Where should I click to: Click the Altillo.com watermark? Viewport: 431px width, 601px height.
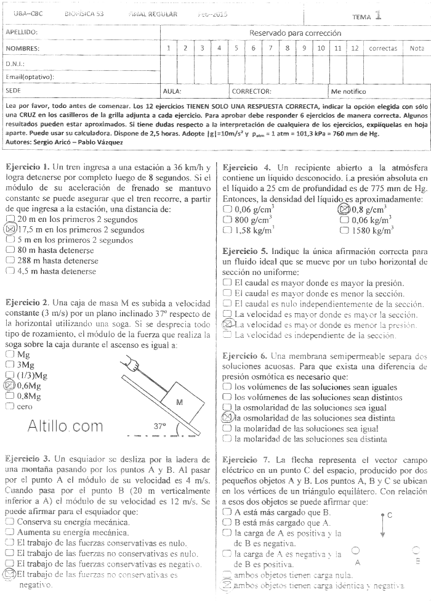65,425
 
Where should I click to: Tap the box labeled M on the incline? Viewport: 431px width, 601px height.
180,401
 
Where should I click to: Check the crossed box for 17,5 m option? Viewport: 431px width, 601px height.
9,229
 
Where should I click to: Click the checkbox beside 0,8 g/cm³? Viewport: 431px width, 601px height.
344,209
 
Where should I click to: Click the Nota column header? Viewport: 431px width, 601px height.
417,48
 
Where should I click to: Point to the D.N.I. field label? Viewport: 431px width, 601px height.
15,63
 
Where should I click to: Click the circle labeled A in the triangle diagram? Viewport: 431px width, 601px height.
356,551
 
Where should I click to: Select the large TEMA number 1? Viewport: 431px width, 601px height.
377,15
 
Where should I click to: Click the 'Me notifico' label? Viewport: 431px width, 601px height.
348,91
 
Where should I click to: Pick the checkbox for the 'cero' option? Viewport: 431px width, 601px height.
9,407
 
